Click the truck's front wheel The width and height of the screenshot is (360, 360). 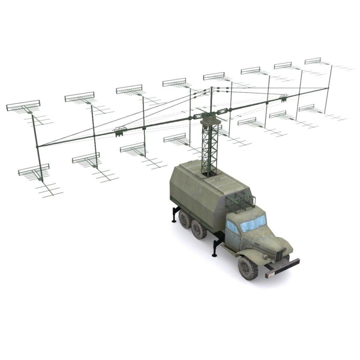(248, 267)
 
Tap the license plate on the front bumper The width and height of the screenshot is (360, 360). (270, 275)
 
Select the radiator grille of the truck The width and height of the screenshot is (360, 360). (279, 256)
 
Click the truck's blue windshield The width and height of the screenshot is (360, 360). (253, 223)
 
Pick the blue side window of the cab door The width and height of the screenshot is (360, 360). (232, 227)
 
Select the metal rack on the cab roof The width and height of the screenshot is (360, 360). (240, 200)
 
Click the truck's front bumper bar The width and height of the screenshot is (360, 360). (283, 266)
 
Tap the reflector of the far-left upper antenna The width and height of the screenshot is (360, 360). (23, 105)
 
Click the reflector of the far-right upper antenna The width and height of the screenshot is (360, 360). (313, 61)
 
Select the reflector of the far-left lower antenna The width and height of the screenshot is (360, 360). (33, 170)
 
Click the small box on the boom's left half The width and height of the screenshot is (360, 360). (120, 131)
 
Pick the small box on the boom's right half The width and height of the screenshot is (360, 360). (283, 98)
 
